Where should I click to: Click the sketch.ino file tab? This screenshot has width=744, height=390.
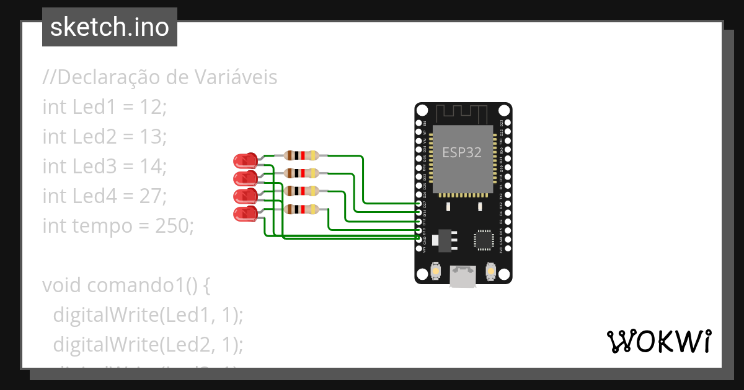point(109,27)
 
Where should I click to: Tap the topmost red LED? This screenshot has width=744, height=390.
point(246,160)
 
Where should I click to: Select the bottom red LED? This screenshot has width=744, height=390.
point(246,214)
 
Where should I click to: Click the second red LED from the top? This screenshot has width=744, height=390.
point(246,178)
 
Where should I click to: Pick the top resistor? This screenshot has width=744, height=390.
point(301,156)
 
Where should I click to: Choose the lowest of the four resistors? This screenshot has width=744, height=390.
point(301,209)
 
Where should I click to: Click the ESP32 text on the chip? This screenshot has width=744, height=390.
point(461,152)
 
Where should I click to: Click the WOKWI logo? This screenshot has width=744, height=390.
point(658,341)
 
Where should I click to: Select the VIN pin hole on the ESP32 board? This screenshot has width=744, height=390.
point(420,248)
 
